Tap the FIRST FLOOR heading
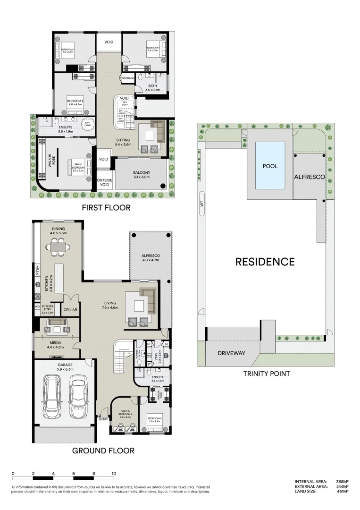point(106,208)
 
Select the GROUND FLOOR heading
point(103,450)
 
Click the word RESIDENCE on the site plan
point(265,262)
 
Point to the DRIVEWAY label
point(231,353)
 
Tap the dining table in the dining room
point(59,246)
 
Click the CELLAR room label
point(70,310)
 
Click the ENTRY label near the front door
point(103,419)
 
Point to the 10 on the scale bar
point(114,473)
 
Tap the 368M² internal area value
point(342,481)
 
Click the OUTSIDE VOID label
point(104,182)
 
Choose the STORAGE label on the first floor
point(128,78)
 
